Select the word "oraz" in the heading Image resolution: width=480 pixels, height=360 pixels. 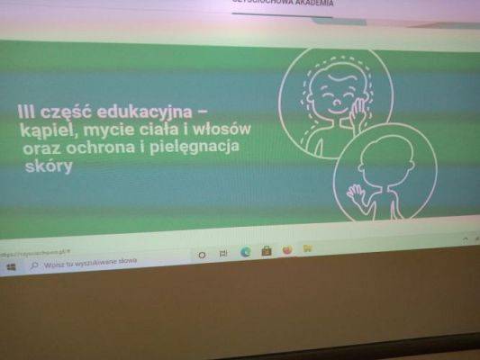(43, 149)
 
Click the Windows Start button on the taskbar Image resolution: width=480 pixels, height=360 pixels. (11, 267)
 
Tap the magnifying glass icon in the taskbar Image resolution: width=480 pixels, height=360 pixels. (34, 265)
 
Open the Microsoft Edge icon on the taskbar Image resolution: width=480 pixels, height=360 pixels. (245, 253)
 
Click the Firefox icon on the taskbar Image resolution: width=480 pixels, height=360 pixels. (287, 250)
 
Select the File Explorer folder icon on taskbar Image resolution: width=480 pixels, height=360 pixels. (307, 248)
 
